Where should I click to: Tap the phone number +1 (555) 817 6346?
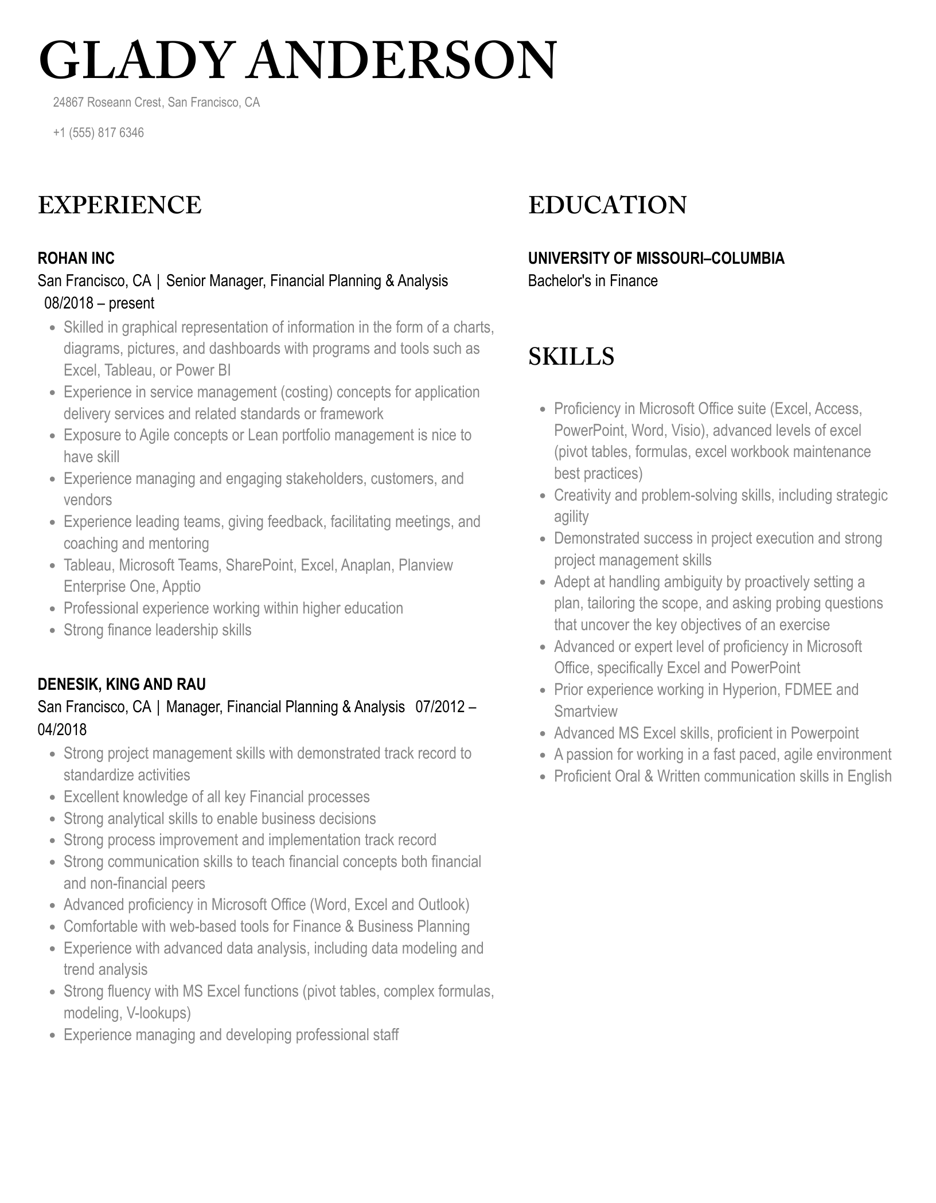click(98, 133)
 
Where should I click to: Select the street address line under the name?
click(156, 103)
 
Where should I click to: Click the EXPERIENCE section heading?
click(120, 205)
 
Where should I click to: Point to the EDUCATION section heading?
click(607, 205)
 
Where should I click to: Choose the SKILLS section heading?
click(571, 356)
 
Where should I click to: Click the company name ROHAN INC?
click(76, 258)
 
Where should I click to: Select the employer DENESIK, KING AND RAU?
click(122, 684)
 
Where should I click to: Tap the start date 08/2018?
click(69, 303)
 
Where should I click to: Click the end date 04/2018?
click(62, 729)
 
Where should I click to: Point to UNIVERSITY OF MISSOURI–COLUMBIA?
click(656, 258)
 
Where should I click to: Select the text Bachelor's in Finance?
click(592, 281)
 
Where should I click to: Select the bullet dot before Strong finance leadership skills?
click(52, 631)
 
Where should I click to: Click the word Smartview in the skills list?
click(586, 712)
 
